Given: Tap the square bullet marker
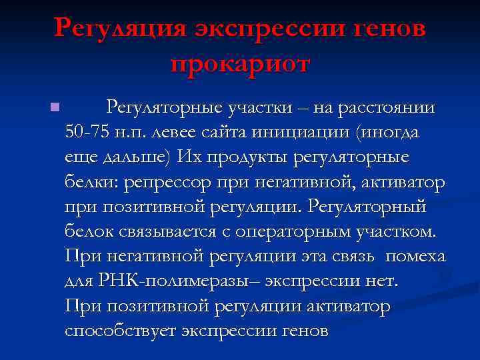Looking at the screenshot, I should [54, 107].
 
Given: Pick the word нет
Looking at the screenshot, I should [382, 281].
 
